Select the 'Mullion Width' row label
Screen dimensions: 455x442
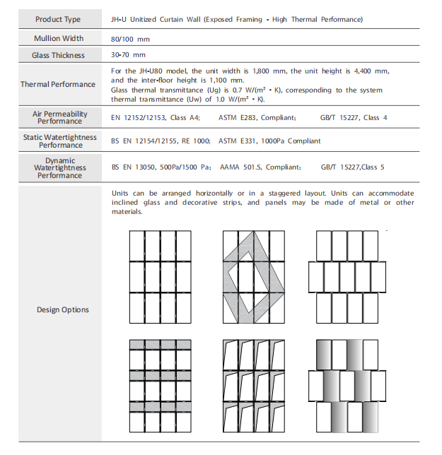coord(58,38)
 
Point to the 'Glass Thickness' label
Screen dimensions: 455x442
coord(58,55)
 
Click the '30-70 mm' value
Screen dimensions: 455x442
coord(129,55)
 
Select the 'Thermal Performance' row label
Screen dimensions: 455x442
coord(58,85)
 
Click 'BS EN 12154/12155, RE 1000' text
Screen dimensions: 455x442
coord(161,141)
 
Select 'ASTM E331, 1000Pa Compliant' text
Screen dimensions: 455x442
coord(269,141)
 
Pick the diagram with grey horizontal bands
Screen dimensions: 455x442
coord(161,385)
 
